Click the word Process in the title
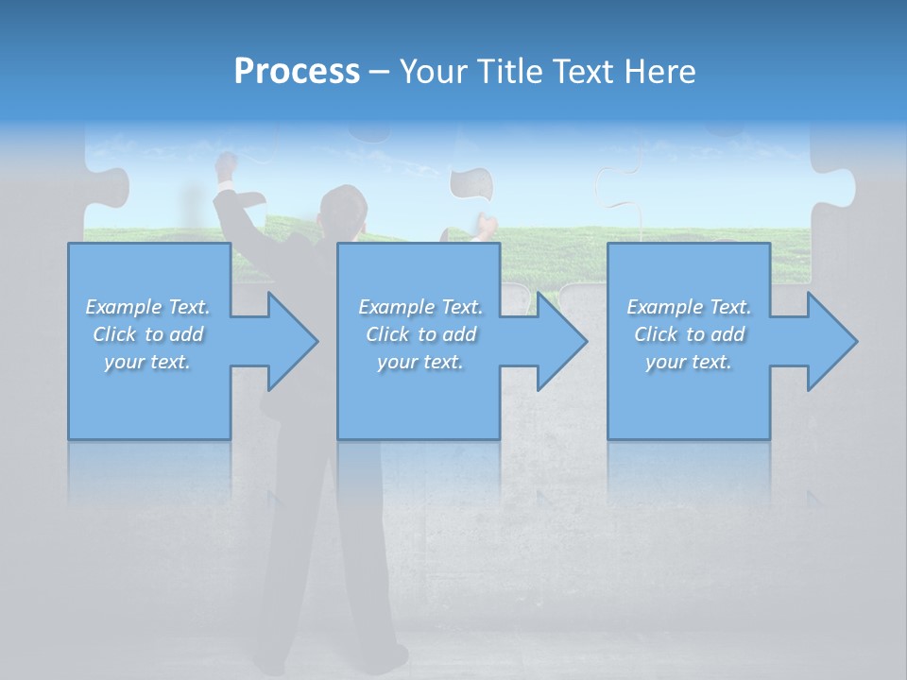click(297, 72)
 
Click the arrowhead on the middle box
click(559, 341)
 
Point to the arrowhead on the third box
click(830, 341)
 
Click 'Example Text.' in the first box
click(148, 307)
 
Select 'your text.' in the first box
click(148, 362)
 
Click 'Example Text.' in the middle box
click(420, 307)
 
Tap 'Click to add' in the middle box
click(420, 334)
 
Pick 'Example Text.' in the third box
click(689, 307)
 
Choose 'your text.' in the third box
click(689, 362)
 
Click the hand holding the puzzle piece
click(486, 227)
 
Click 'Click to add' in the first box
click(148, 334)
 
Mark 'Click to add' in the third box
click(689, 334)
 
